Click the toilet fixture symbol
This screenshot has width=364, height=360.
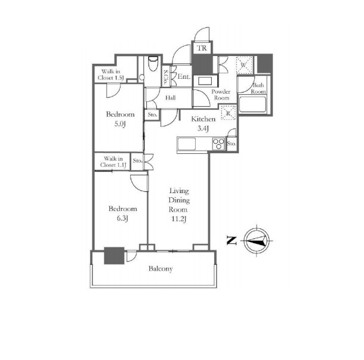(x=153, y=63)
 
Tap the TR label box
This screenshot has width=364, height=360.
(x=202, y=48)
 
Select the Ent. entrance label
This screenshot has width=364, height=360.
(x=184, y=76)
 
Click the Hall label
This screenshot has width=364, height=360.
(x=171, y=98)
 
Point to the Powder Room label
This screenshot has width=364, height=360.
(x=221, y=95)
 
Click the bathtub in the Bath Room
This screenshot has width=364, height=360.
(x=252, y=104)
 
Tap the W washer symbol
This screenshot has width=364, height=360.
(x=244, y=65)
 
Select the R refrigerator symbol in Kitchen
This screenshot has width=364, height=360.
(x=229, y=113)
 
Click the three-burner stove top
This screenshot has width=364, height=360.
(x=218, y=144)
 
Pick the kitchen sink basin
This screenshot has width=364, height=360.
(x=186, y=144)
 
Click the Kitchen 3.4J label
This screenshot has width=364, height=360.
(x=203, y=123)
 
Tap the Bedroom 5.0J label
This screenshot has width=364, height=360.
(x=120, y=119)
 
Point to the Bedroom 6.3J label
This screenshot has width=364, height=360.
(x=122, y=213)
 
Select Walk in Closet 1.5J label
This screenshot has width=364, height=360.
(x=110, y=75)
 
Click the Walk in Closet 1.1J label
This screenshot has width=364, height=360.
(x=113, y=162)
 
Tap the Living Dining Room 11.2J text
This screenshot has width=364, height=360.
(x=179, y=204)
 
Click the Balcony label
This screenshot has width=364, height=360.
(x=161, y=269)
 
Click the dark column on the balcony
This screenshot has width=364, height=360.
(x=114, y=256)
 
